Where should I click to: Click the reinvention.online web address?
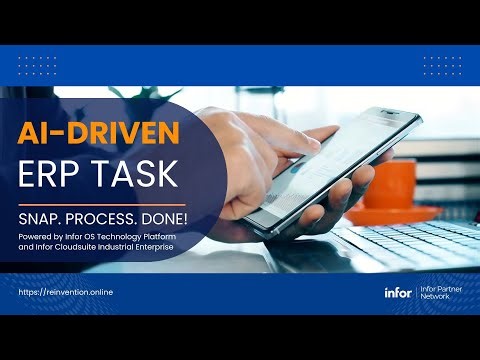(x=66, y=292)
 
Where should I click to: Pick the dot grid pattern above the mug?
(x=440, y=64)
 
